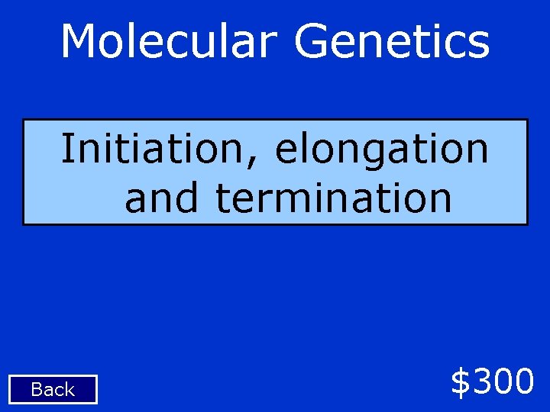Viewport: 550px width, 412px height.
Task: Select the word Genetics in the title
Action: pos(391,42)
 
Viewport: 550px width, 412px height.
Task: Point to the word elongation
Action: pos(381,150)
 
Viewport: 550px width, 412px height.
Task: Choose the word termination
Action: pos(334,198)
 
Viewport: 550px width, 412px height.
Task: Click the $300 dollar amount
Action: pos(492,381)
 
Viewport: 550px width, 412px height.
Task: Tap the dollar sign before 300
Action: pos(461,381)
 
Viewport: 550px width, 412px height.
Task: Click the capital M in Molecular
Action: pos(79,41)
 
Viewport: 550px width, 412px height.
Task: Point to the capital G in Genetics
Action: pos(312,41)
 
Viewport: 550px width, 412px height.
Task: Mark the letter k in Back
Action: pos(70,390)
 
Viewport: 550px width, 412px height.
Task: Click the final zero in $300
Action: pos(523,381)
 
